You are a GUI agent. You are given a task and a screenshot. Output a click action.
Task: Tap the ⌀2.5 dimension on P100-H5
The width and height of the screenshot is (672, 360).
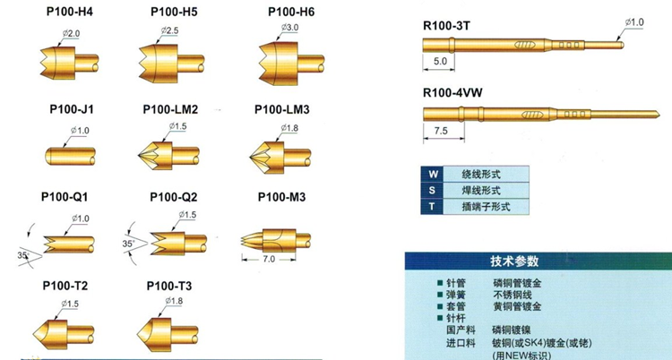[x=170, y=31]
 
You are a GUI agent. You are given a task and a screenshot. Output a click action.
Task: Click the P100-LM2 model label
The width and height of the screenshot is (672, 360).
[x=170, y=109]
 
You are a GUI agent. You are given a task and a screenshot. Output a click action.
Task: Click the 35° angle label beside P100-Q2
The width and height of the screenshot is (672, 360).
[x=127, y=243]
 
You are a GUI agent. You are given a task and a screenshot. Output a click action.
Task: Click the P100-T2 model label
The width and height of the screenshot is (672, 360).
[x=64, y=287]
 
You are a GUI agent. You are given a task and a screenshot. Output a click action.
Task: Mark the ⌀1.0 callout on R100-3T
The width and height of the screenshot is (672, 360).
[x=633, y=21]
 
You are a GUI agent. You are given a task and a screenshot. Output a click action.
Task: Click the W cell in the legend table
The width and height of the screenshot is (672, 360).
[x=434, y=174]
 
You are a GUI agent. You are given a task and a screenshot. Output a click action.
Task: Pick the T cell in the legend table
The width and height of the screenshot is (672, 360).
[x=434, y=206]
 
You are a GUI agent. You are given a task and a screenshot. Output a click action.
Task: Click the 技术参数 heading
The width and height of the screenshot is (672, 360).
[x=514, y=261]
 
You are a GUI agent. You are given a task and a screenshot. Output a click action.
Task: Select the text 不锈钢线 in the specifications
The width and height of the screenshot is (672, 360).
[x=513, y=294]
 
